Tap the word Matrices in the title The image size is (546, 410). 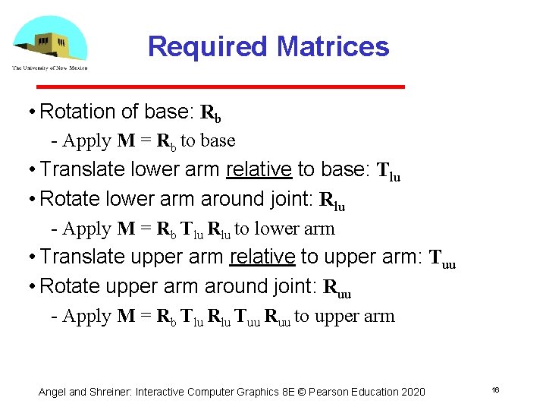click(333, 46)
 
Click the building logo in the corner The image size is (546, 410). click(50, 40)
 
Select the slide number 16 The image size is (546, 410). click(494, 389)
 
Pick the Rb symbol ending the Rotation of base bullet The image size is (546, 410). click(211, 114)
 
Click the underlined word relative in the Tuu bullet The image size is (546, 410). click(262, 257)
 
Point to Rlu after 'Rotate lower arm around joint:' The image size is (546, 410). click(332, 201)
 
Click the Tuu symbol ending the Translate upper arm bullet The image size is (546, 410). click(442, 260)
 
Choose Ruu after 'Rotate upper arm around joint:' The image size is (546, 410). click(337, 289)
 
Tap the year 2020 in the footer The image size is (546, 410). click(413, 392)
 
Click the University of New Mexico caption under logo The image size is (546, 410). click(50, 68)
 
